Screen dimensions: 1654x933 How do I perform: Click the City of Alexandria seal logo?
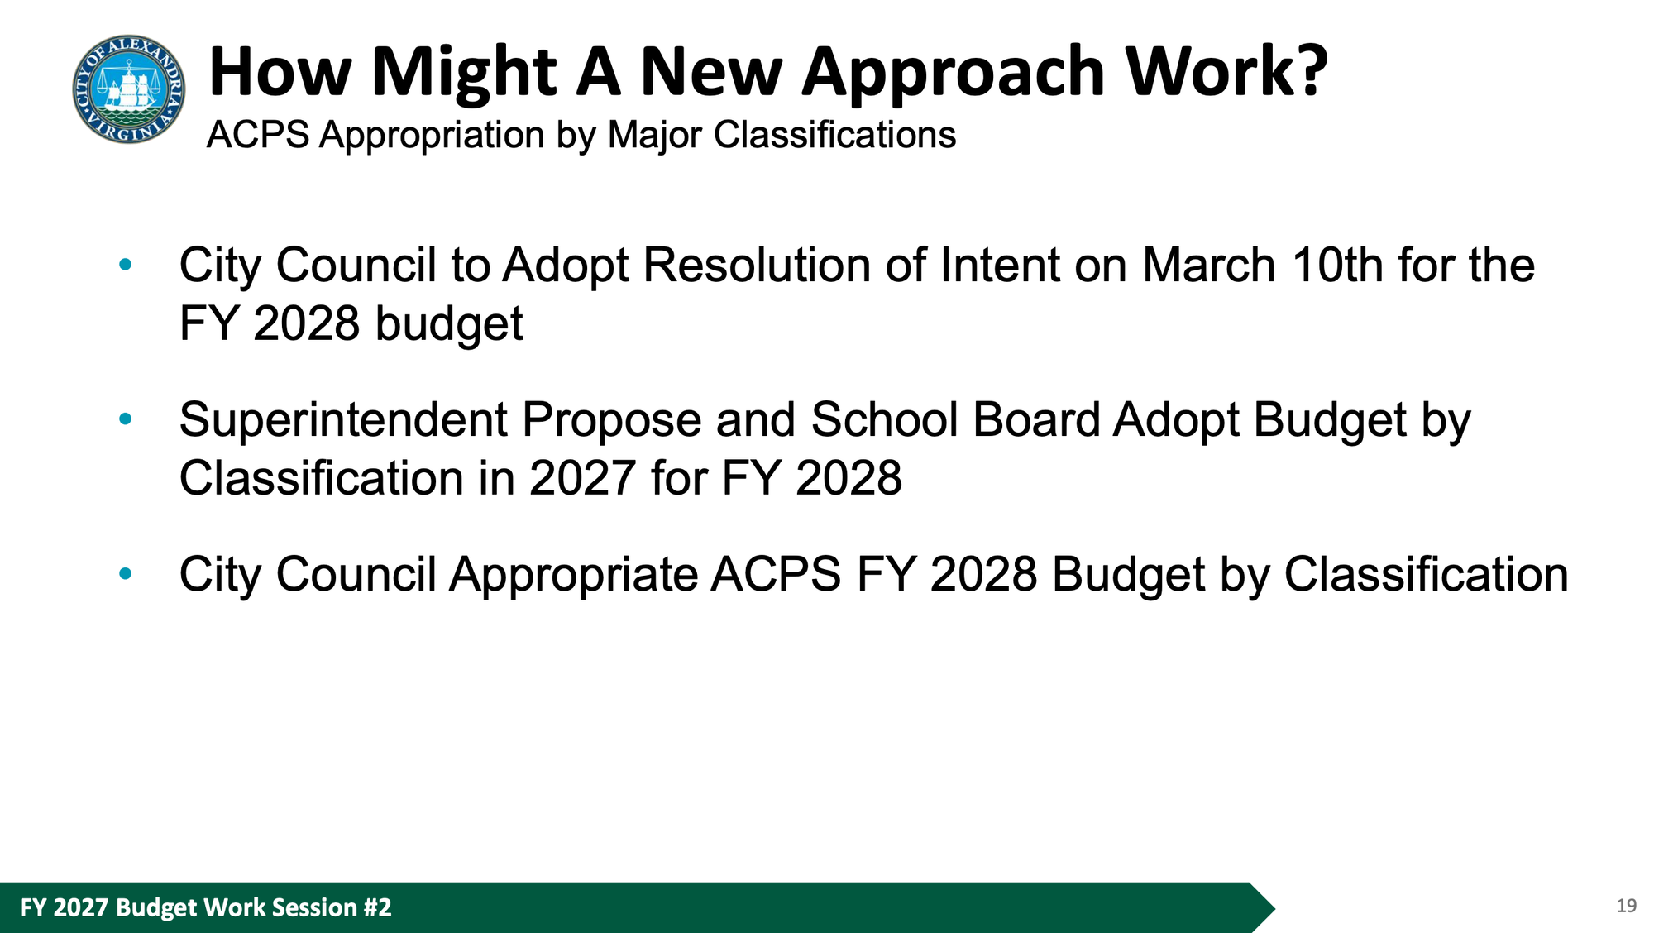coord(129,89)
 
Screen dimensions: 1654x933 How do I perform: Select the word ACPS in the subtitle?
coord(258,135)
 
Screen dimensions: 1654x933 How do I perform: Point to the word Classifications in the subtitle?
coord(834,135)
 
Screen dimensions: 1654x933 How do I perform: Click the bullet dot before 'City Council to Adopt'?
coord(126,265)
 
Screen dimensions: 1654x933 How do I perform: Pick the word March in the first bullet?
coord(1209,266)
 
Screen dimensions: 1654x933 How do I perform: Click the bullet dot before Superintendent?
coord(126,419)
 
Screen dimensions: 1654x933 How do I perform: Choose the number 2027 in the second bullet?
coord(582,479)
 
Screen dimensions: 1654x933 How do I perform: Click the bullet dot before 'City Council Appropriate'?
coord(126,573)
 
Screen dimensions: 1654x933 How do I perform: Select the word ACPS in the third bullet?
coord(776,575)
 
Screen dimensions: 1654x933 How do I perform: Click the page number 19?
coord(1626,907)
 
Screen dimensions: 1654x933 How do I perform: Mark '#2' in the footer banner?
coord(376,908)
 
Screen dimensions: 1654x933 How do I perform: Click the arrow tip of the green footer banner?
coord(1274,908)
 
